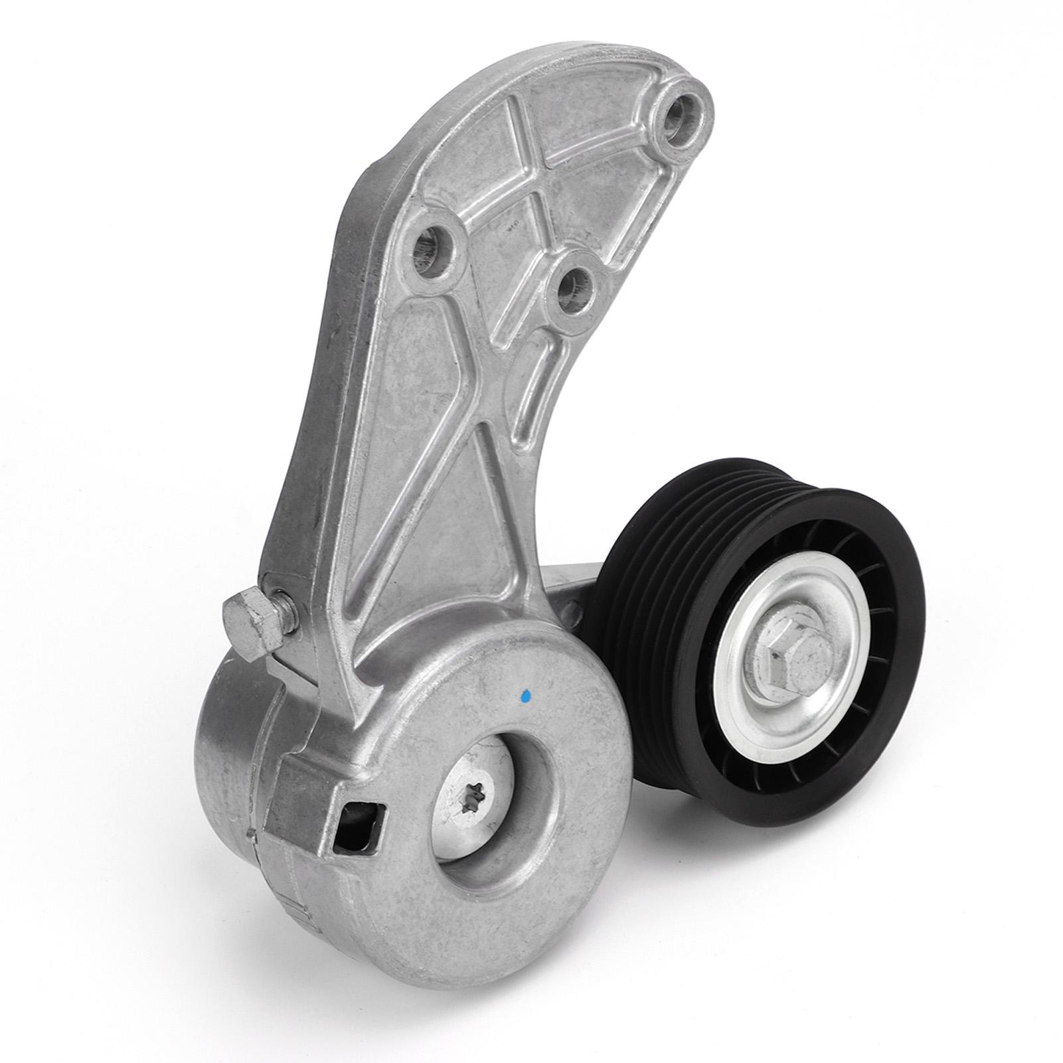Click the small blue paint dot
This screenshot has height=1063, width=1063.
point(526,696)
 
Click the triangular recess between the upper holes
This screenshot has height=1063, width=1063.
point(505,219)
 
